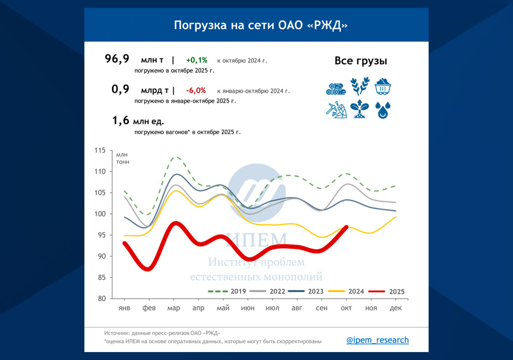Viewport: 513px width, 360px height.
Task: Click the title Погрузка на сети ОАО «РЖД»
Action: (260, 25)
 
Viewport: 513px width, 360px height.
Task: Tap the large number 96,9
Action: (117, 59)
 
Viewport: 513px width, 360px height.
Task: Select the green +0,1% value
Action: (197, 60)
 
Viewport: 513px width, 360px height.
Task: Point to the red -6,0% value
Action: (196, 91)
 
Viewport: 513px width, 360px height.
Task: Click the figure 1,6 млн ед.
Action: (138, 121)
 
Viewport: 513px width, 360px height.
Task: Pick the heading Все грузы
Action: (361, 61)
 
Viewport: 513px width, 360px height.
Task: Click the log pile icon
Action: (336, 89)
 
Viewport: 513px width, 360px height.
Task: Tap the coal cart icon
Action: (383, 87)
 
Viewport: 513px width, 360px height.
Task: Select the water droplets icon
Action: (383, 110)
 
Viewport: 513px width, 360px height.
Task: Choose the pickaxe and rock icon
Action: (336, 109)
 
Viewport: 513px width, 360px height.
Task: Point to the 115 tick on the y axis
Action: (100, 150)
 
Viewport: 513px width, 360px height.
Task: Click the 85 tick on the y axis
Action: (102, 277)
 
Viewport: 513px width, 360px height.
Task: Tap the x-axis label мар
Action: (174, 308)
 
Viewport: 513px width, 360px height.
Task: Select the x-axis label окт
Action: (346, 308)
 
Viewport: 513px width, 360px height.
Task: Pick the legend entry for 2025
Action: (387, 291)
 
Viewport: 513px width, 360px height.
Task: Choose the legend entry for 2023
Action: (306, 291)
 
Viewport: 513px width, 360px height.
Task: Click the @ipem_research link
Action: (377, 340)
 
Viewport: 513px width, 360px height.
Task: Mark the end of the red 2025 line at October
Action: (346, 227)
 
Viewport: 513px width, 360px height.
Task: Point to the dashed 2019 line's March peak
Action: (176, 157)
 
